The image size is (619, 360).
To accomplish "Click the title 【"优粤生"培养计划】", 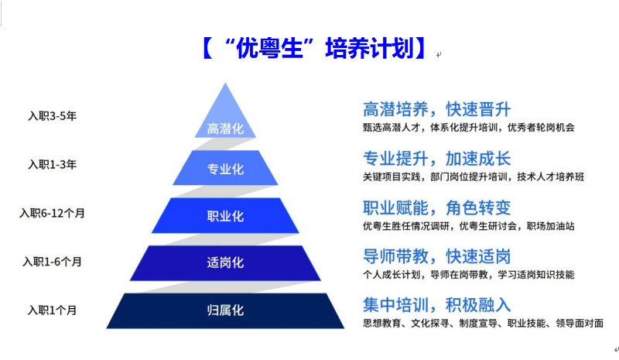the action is click(x=314, y=48).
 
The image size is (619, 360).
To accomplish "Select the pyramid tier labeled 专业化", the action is click(x=225, y=167).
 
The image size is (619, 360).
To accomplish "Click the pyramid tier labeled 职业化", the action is click(x=225, y=215).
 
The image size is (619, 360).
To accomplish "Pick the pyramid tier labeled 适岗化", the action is click(x=225, y=262).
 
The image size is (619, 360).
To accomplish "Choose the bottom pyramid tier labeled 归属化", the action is click(x=225, y=310).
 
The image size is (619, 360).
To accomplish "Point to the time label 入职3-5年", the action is click(x=52, y=116).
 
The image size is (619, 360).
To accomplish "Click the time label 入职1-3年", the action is click(x=52, y=164).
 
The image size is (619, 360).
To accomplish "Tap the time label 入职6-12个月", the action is click(x=52, y=214).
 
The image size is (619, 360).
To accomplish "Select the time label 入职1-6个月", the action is click(x=52, y=262).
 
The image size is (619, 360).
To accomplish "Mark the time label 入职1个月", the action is click(x=52, y=310).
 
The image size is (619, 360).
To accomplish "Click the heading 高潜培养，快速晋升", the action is click(x=436, y=109).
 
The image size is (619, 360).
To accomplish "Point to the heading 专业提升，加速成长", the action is click(x=436, y=159).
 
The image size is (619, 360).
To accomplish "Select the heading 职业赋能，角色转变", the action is click(x=436, y=207).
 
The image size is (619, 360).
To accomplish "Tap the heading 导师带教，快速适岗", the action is click(x=436, y=256).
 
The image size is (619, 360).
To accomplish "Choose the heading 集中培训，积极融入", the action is click(x=436, y=305).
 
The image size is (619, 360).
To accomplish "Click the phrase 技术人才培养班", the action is click(x=551, y=177).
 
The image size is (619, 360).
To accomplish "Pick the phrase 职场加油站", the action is click(x=551, y=226).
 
